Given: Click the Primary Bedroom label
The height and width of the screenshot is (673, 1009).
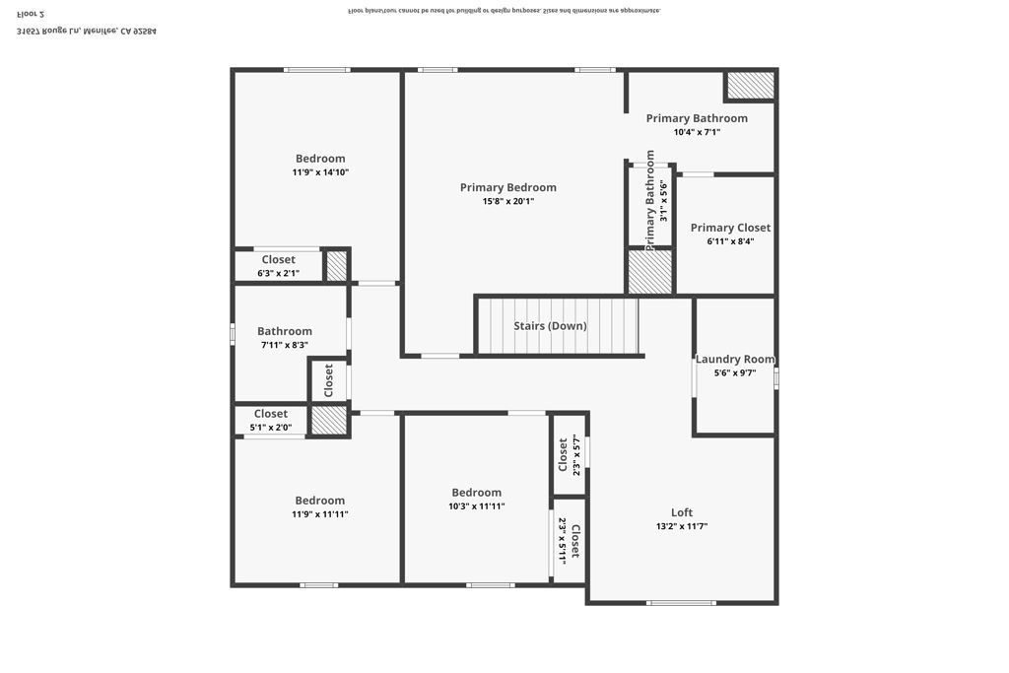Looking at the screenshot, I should point(507,187).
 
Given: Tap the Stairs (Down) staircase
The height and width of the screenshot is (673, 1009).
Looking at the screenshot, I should point(558,326).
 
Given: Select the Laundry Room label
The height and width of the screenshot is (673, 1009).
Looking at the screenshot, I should point(735,359).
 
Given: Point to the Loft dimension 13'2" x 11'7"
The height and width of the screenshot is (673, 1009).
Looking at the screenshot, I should point(682,526).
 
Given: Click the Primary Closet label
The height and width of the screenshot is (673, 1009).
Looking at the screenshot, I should point(730,228).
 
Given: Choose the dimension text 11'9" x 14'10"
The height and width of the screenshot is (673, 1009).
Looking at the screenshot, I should point(320,172).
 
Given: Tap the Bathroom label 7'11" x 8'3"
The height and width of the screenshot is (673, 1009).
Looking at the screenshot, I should point(285,331).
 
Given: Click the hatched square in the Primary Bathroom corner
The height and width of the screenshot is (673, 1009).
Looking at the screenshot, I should point(750,86).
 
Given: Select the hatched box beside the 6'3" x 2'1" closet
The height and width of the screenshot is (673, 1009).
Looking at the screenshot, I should point(337,266).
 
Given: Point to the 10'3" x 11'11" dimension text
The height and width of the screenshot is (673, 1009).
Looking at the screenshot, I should point(476,506).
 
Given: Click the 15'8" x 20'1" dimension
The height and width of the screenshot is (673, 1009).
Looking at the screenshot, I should point(507,201).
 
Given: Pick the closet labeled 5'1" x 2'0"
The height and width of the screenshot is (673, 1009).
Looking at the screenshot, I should point(271,414).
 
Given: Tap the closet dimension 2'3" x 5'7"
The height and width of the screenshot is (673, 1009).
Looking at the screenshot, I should point(575,454).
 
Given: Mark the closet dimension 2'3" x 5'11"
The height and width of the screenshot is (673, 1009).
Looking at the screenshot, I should point(563,539).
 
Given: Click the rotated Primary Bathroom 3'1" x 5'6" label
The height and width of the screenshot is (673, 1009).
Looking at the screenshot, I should point(650,201).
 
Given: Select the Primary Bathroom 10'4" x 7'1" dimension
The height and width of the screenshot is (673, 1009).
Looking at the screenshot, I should point(697,132).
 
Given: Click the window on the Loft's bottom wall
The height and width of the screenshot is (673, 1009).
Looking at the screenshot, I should point(681,602).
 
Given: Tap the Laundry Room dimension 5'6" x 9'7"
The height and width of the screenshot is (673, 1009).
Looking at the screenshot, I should point(735,373).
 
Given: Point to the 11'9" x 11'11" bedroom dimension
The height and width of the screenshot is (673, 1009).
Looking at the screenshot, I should point(320,514).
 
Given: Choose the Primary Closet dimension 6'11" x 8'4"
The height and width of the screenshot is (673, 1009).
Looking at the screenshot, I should point(730,241).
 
